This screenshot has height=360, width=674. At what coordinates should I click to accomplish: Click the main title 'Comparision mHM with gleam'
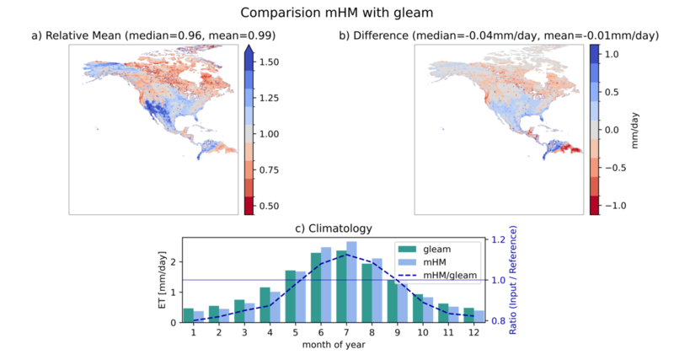(x=336, y=13)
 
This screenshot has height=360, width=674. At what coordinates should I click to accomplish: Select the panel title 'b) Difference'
(x=373, y=35)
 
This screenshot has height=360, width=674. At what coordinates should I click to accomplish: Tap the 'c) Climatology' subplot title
(x=334, y=228)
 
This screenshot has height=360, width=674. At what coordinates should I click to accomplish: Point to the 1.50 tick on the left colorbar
(x=269, y=62)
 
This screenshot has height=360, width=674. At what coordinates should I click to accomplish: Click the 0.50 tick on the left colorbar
(x=269, y=206)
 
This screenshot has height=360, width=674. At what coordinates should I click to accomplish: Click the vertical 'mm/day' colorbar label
(x=635, y=131)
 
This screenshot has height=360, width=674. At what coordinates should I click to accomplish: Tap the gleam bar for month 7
(x=341, y=286)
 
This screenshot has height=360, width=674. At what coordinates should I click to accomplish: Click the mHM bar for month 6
(x=326, y=285)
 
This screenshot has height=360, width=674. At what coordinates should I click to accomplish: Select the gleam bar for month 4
(x=265, y=304)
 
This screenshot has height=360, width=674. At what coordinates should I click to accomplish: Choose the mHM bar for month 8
(x=377, y=290)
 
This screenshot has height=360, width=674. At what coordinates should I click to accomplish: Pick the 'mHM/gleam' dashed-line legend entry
(x=437, y=275)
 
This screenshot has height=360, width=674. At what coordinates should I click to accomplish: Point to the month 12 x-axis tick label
(x=473, y=332)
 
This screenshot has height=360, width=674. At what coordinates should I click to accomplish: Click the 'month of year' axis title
(x=334, y=345)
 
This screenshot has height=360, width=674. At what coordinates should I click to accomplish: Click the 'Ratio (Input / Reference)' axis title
(x=513, y=280)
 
